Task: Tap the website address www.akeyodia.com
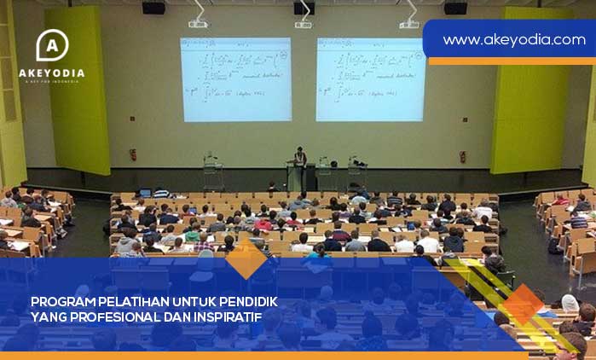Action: (513, 39)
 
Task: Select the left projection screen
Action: (234, 78)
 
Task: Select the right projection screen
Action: (370, 78)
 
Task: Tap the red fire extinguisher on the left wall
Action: (133, 154)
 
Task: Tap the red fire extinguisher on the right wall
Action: (462, 156)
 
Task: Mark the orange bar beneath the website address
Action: (512, 61)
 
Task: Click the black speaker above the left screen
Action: (153, 8)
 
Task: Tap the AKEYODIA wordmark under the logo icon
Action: (52, 73)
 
